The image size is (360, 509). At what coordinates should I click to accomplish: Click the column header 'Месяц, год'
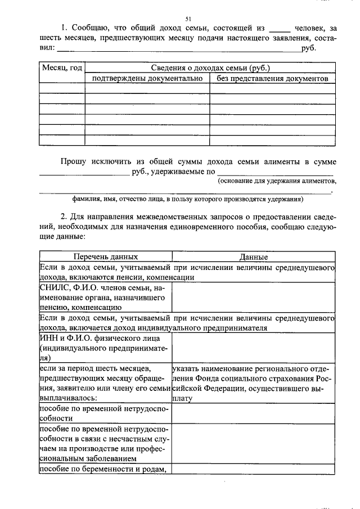coord(62,68)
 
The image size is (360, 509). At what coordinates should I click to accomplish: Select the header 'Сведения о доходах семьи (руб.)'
coord(209,68)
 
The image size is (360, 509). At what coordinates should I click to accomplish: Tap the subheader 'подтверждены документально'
coord(147,79)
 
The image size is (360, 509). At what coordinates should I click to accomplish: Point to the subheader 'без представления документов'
coord(272,79)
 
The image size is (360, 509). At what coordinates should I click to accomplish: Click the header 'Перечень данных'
coord(105,256)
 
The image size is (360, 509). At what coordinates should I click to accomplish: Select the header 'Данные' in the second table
coord(253,257)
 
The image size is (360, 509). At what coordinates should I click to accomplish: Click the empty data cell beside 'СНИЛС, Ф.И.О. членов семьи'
coord(253,297)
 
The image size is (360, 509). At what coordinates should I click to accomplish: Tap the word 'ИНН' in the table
coord(48,338)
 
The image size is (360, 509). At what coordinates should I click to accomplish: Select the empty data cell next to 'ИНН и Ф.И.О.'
coord(253,348)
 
